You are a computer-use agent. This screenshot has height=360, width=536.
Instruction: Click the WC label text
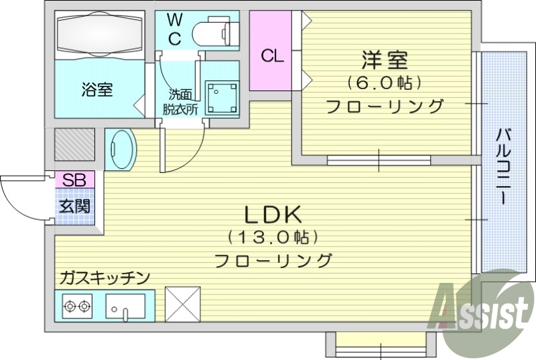click(174, 28)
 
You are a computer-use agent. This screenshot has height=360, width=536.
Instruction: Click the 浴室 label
click(96, 89)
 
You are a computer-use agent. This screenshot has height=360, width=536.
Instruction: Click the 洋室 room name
click(384, 60)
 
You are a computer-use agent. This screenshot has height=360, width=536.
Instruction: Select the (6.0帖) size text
click(384, 83)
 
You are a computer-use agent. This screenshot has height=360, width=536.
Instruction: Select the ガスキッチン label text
click(104, 277)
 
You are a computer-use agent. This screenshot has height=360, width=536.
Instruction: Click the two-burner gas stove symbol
click(76, 308)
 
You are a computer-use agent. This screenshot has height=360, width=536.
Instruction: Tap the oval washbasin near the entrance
click(121, 149)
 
